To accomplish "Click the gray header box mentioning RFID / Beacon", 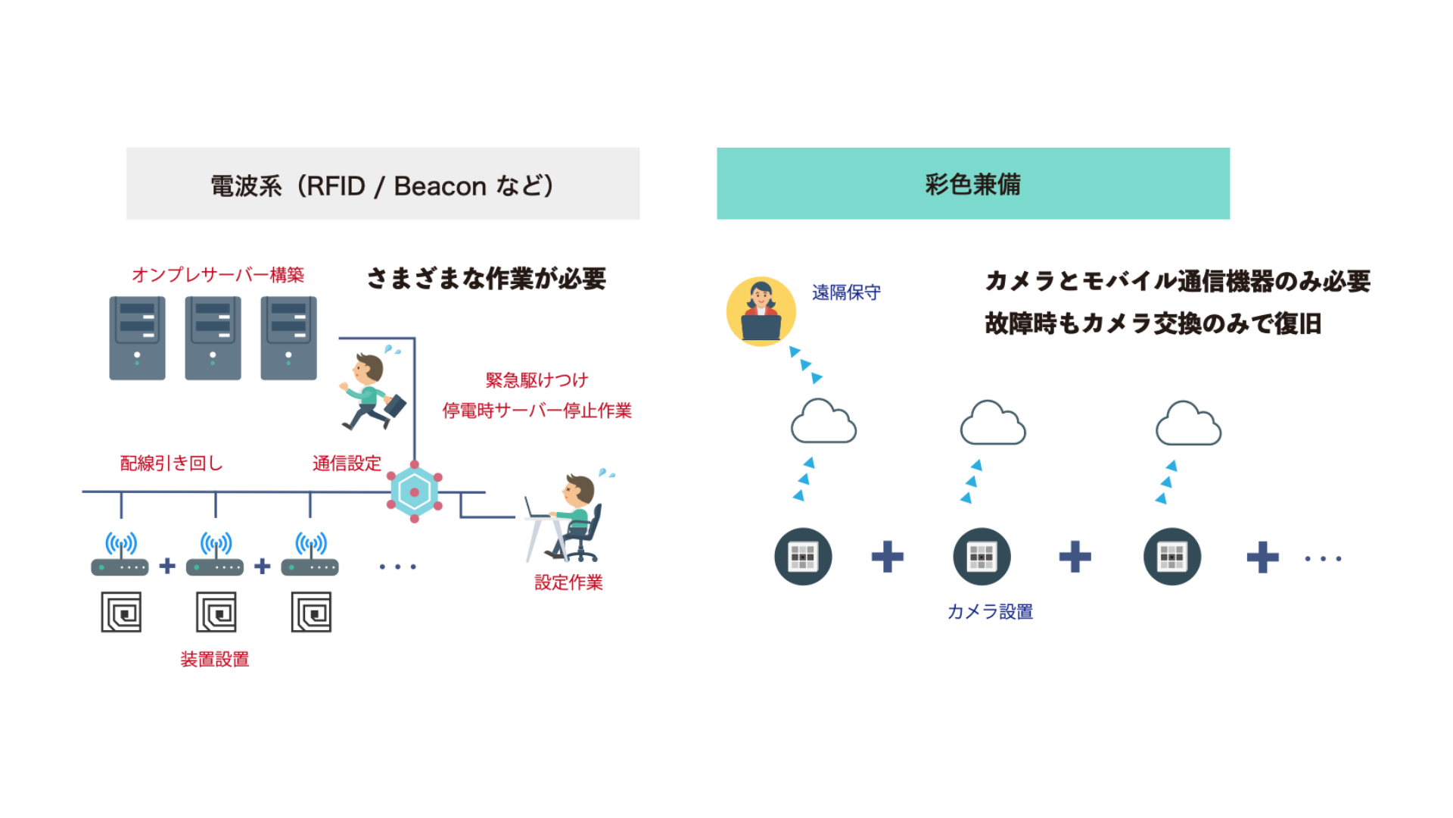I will (383, 184).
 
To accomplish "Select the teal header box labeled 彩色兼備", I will (973, 184).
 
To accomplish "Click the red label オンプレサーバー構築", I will (218, 275).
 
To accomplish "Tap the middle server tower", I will (213, 338).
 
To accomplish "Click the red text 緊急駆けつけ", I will (537, 380).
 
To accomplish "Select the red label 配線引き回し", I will (172, 464).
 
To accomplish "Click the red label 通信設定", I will (347, 464).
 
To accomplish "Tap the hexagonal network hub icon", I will (415, 492).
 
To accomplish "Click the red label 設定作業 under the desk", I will (568, 582).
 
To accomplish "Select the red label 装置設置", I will (215, 660).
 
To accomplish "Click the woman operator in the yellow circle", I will (761, 311).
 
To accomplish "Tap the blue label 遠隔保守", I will (846, 292).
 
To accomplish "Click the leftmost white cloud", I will (823, 423).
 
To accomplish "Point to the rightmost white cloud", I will (1188, 424).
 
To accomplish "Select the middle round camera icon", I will (982, 557).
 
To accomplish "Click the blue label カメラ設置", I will (990, 612).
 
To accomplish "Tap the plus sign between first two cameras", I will (888, 557).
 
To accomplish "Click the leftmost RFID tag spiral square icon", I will (122, 612).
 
